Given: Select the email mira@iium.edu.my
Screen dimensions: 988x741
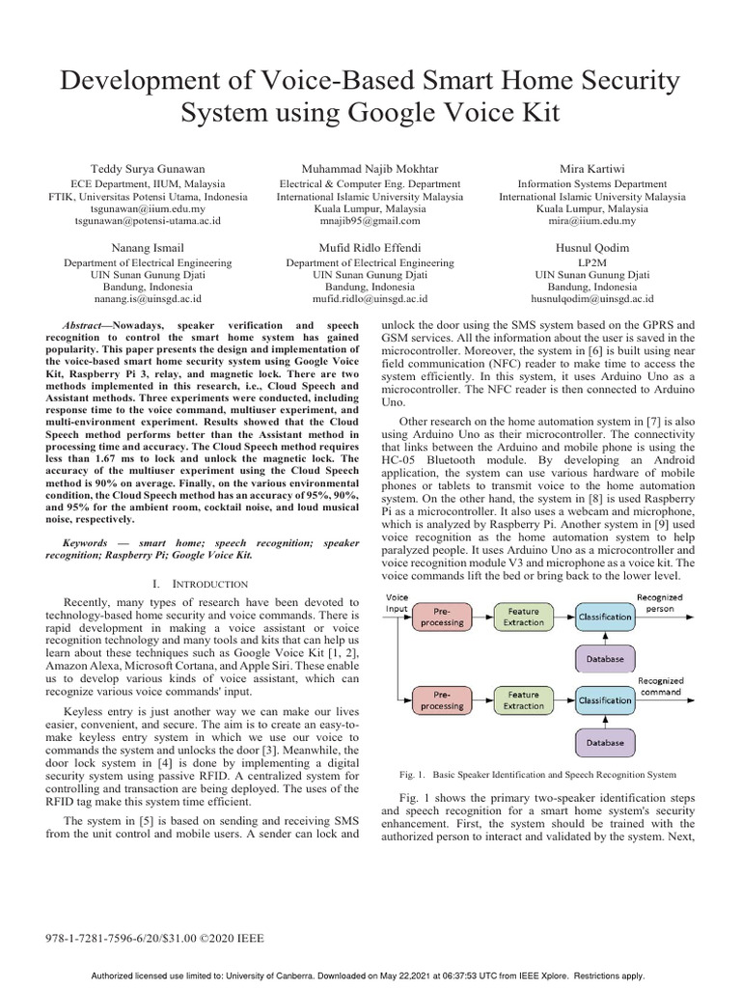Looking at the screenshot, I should click(x=592, y=221).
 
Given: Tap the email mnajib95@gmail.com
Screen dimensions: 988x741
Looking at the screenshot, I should click(x=370, y=221).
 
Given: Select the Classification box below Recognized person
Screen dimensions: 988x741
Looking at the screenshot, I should click(x=606, y=617).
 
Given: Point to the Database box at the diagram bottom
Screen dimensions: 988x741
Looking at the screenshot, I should click(x=606, y=743).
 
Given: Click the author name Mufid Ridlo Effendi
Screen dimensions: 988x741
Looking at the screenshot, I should click(x=370, y=247).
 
